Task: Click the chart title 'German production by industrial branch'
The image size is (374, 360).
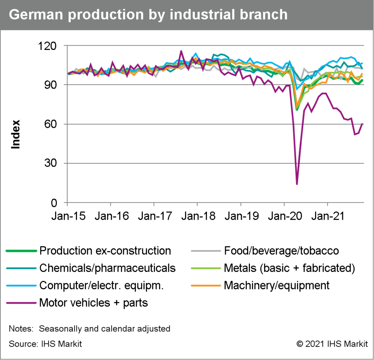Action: tap(148, 14)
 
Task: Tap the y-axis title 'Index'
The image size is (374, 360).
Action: tap(16, 135)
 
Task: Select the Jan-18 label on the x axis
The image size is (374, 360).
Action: tap(197, 216)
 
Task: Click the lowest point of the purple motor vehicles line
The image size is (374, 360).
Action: tap(297, 184)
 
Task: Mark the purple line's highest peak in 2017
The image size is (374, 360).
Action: tap(181, 51)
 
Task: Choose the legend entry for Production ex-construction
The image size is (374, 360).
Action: tap(105, 251)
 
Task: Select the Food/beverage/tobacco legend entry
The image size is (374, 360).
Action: tap(281, 251)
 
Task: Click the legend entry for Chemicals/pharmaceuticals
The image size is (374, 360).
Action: tap(107, 268)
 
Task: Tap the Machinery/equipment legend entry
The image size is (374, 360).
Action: tap(276, 285)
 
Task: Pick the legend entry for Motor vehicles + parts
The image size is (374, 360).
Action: tap(93, 303)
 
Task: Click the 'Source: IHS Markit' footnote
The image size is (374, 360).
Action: tap(45, 344)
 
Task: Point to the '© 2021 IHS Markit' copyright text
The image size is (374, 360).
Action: tap(331, 344)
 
